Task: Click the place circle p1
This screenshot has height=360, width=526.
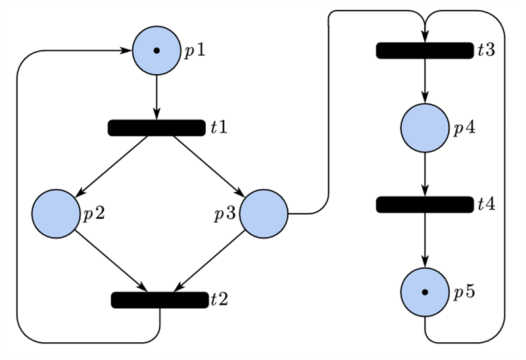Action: (x=156, y=51)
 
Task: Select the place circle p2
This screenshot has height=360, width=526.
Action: (x=55, y=214)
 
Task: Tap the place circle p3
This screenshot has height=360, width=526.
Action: (x=264, y=214)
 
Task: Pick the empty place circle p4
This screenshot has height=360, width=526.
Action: (x=425, y=127)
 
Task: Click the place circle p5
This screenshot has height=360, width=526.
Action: (x=425, y=292)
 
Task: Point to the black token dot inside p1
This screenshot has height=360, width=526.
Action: (x=156, y=51)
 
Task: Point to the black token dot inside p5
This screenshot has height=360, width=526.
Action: (x=425, y=292)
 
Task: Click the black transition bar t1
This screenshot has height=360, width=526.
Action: (x=156, y=127)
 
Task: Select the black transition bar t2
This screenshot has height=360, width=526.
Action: (x=159, y=300)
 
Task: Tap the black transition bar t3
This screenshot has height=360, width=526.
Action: (x=425, y=51)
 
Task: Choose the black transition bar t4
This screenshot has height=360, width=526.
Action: (x=425, y=204)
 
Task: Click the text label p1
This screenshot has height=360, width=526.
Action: (x=194, y=52)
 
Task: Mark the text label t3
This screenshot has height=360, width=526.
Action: (x=487, y=51)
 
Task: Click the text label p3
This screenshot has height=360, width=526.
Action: (x=227, y=214)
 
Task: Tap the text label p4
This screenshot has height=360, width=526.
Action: (x=464, y=129)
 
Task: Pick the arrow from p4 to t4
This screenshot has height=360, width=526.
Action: (x=425, y=174)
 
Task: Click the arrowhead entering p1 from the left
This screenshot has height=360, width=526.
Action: (x=125, y=51)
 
